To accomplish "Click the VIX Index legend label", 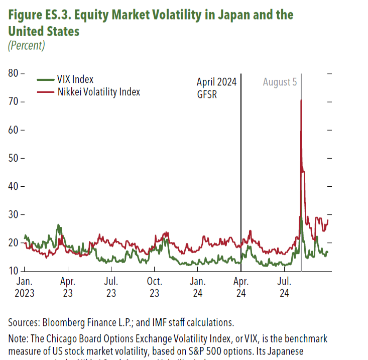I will (x=75, y=79).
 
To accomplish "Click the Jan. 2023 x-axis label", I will (x=25, y=288).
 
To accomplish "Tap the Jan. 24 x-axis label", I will (x=197, y=288).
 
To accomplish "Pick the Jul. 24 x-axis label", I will (x=285, y=288).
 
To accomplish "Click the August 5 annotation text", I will (x=280, y=82).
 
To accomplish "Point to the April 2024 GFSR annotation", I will (x=216, y=87).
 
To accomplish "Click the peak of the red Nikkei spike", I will (x=301, y=100).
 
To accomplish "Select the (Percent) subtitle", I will (x=27, y=45).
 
